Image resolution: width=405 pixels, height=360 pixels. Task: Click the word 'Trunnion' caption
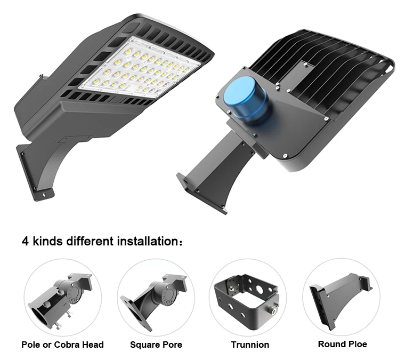pos(250,345)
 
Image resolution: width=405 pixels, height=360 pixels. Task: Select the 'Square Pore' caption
pos(156,345)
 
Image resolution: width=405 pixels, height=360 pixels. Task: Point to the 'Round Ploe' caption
pos(342,344)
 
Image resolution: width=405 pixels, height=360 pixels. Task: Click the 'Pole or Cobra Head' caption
pos(62,345)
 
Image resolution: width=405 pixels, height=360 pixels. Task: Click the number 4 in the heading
pos(25,241)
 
